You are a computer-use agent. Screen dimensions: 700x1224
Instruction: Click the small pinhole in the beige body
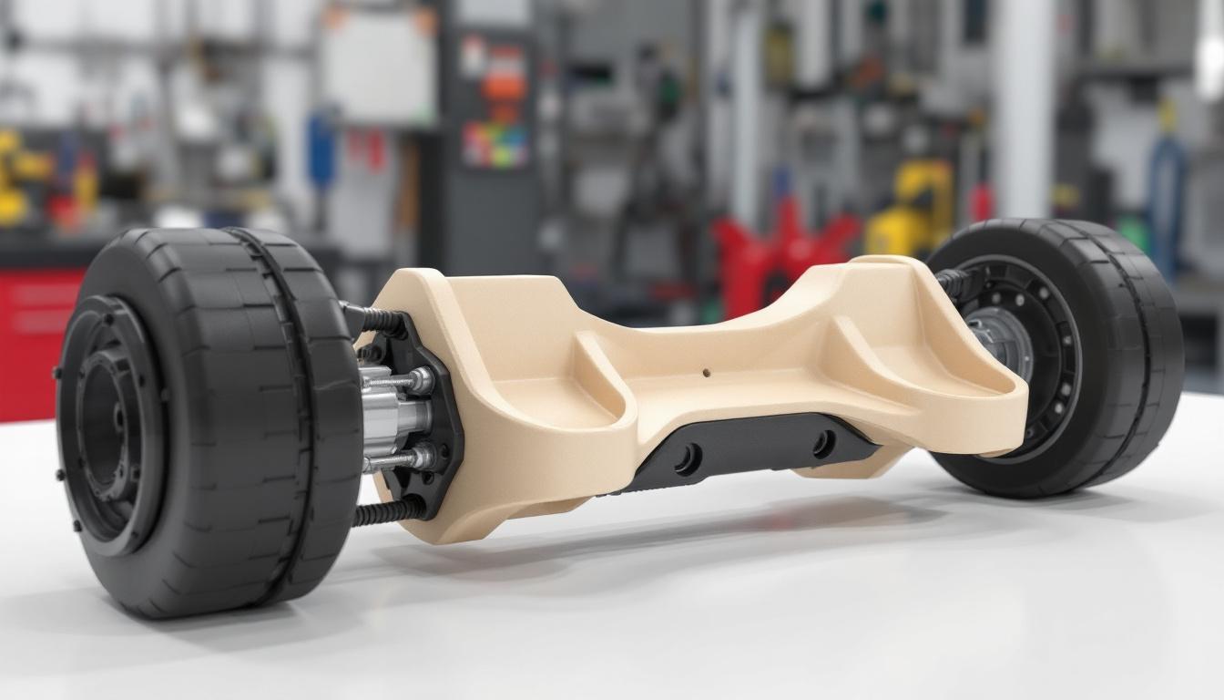click(708, 373)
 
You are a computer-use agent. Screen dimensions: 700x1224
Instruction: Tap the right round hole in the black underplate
click(823, 444)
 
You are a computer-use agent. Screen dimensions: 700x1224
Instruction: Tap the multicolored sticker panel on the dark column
click(494, 145)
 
